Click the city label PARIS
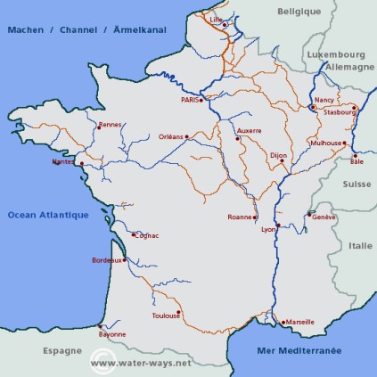coord(190,100)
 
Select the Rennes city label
coord(110,125)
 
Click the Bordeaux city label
coord(107,259)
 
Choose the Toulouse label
coord(166,315)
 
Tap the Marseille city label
coord(299,322)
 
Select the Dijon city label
coord(277,155)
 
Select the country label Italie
coord(361,245)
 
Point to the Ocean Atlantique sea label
coord(47,215)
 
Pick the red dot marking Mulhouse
coord(344,143)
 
